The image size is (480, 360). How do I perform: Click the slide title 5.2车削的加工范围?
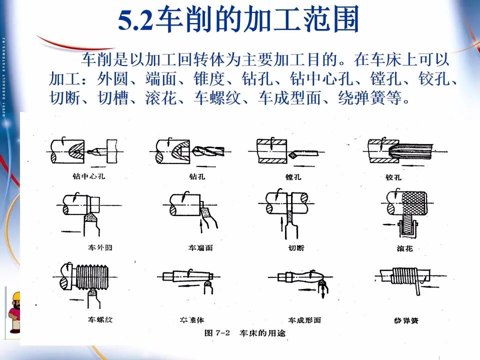pyautogui.click(x=239, y=21)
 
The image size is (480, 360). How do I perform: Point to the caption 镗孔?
pyautogui.click(x=292, y=177)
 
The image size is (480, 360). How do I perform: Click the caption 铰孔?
pyautogui.click(x=393, y=177)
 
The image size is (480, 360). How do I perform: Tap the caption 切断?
pyautogui.click(x=296, y=247)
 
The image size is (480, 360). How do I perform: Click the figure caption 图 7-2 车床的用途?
pyautogui.click(x=245, y=333)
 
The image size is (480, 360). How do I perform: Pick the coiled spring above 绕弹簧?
pyautogui.click(x=403, y=275)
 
